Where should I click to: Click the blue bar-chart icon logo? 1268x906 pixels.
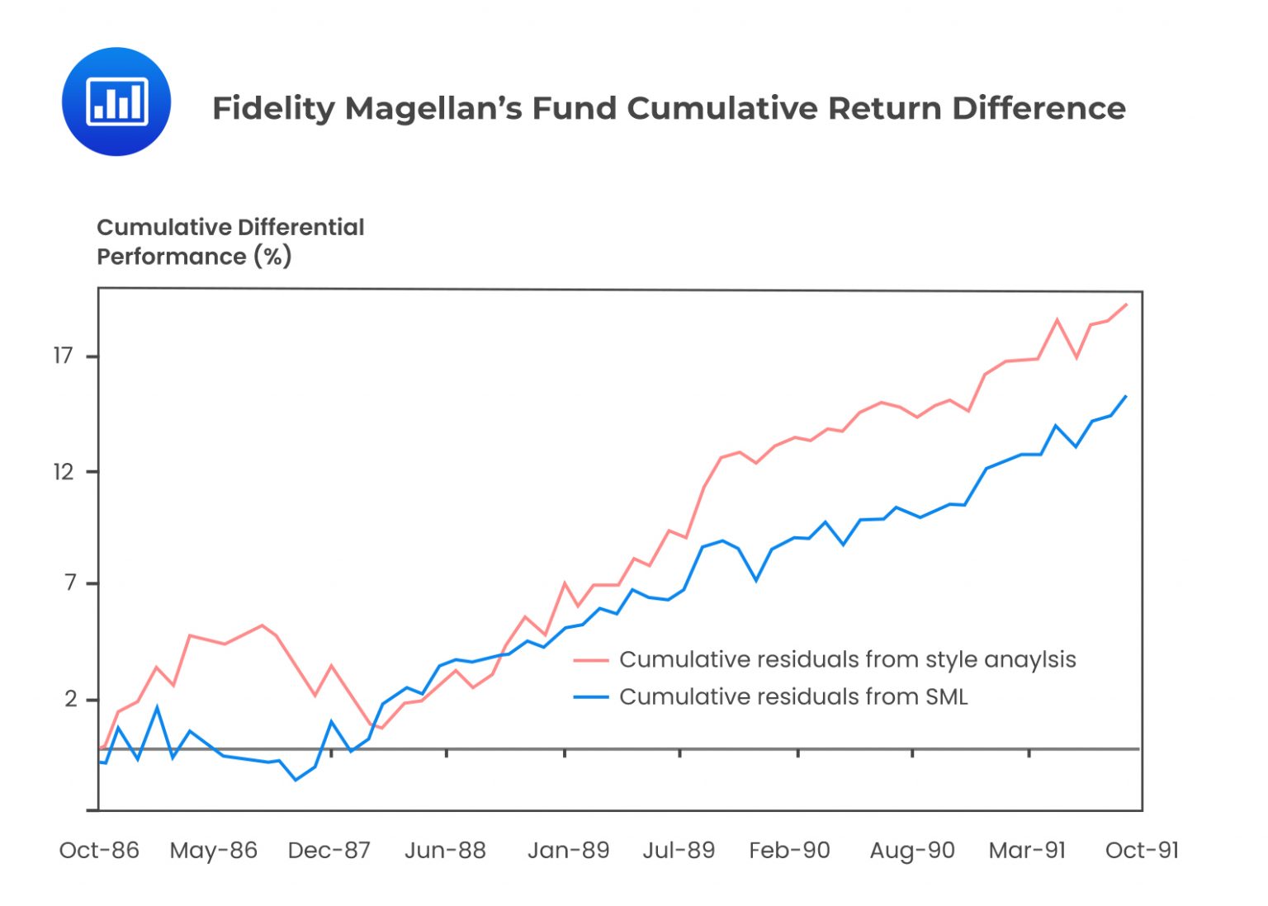click(116, 101)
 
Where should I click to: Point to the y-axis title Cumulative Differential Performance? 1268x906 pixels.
click(230, 242)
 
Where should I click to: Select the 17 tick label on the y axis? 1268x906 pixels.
click(64, 356)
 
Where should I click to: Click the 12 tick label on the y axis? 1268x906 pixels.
click(64, 471)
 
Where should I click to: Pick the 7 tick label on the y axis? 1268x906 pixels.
click(70, 583)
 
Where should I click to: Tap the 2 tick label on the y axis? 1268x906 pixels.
click(70, 699)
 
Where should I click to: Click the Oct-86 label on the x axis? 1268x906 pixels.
click(99, 850)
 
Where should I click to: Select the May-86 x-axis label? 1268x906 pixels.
click(214, 850)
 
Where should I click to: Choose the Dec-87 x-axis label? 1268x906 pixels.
click(329, 850)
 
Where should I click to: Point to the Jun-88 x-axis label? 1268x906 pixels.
click(445, 850)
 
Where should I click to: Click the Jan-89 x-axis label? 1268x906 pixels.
click(568, 850)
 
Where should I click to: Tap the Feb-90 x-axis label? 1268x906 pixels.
click(789, 850)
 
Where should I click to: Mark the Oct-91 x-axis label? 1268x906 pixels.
click(1142, 850)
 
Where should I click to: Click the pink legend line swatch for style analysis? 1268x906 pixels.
click(590, 660)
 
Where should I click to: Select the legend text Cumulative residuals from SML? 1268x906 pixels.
click(792, 696)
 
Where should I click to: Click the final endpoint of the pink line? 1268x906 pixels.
click(1127, 304)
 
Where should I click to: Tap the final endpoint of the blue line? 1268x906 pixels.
click(1126, 396)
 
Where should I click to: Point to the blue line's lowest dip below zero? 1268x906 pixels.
click(296, 780)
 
